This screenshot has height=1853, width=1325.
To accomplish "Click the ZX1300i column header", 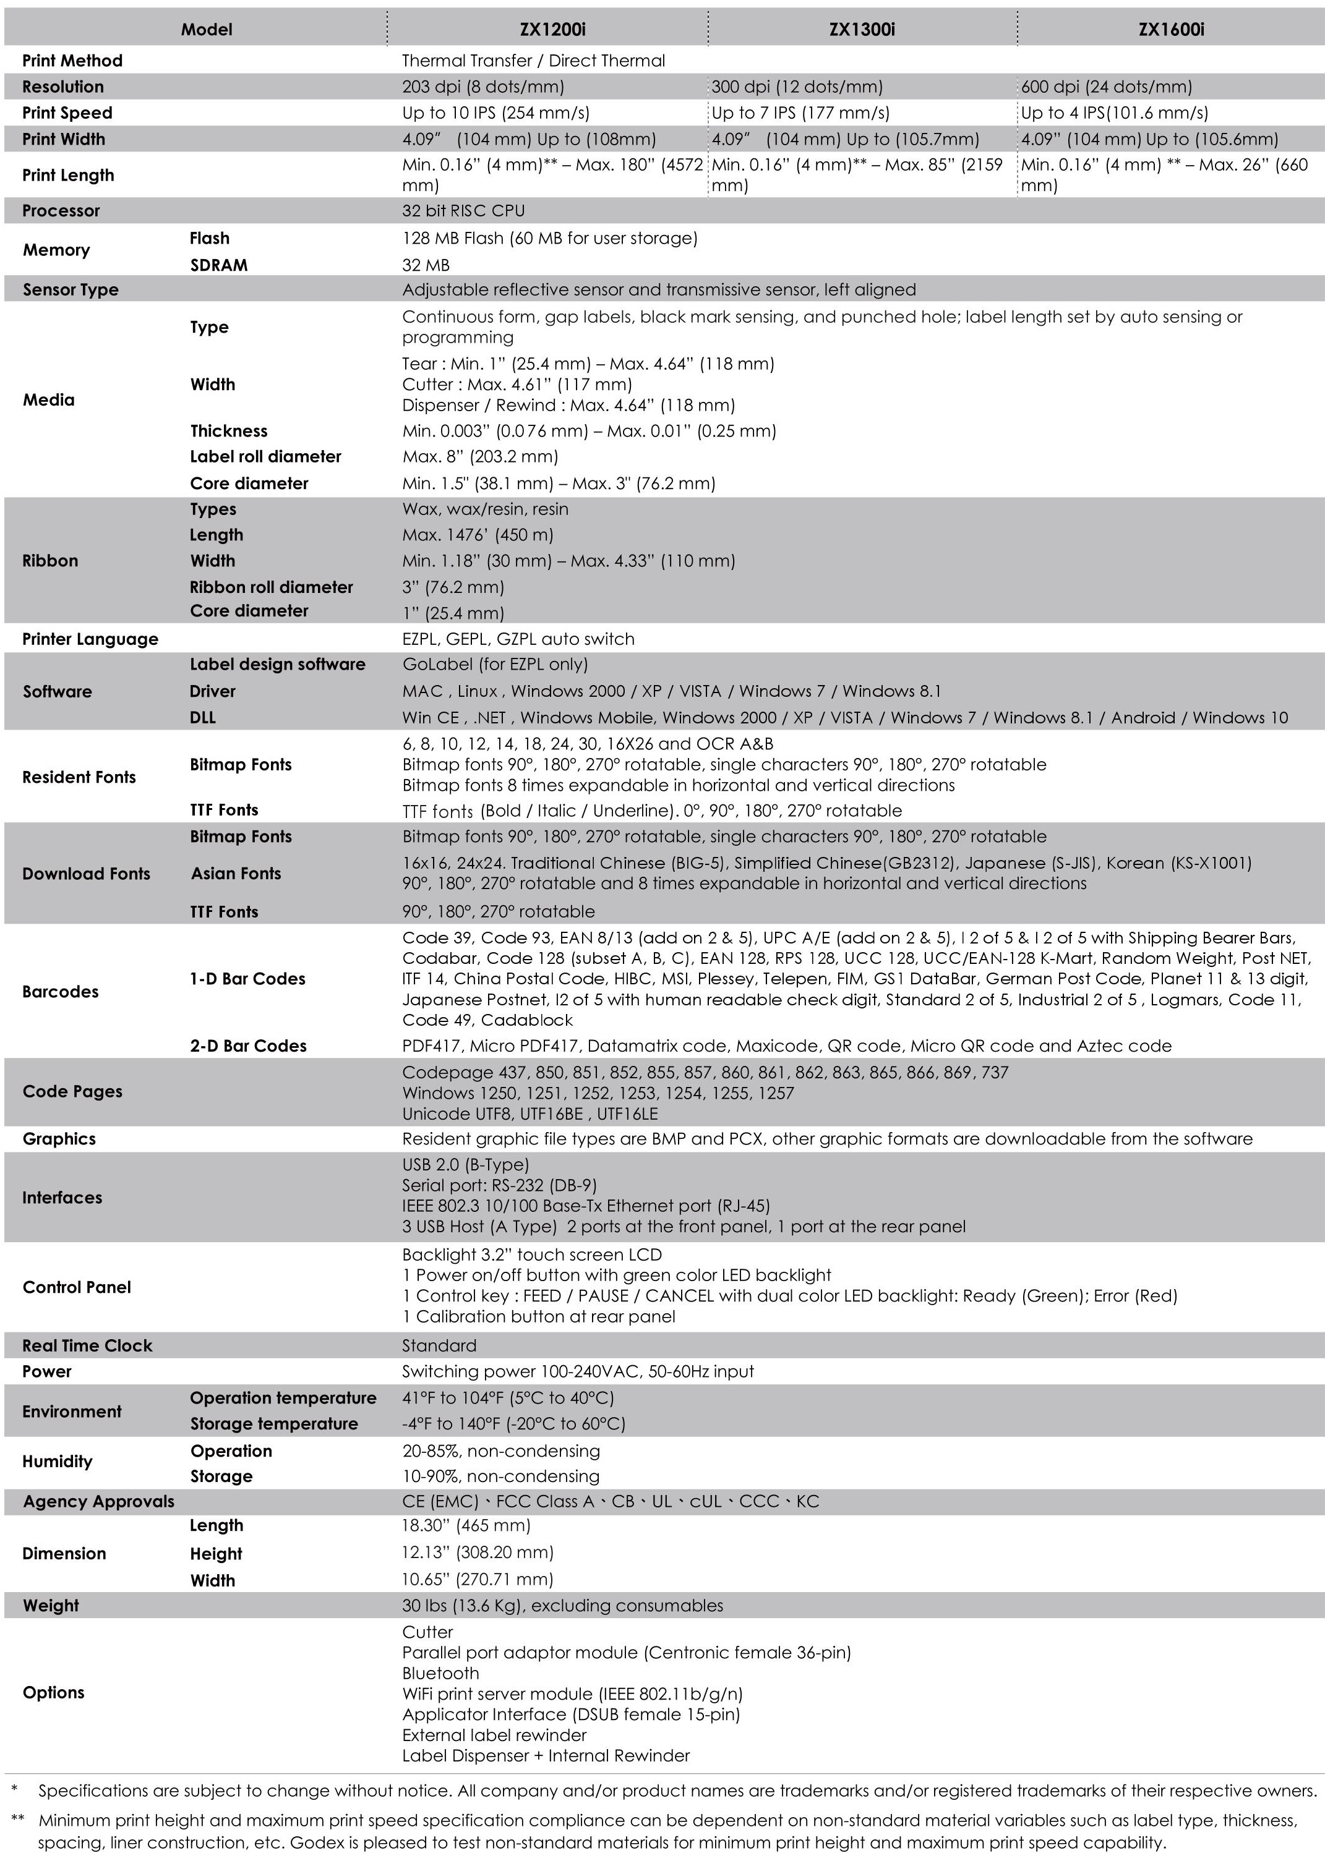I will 862,29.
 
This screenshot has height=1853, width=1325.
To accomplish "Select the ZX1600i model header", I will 1171,29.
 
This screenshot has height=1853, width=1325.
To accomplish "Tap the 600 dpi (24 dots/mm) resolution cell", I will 1107,87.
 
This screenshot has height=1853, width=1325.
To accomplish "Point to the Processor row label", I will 61,210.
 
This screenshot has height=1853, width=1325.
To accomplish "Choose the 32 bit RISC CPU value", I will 463,210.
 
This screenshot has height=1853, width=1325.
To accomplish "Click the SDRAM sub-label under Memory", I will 218,265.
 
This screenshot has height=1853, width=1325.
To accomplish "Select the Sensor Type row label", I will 70,289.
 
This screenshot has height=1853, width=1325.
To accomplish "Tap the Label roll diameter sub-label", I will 265,457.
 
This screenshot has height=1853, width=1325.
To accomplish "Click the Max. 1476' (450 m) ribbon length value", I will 478,535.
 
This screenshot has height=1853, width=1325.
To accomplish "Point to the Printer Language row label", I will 90,639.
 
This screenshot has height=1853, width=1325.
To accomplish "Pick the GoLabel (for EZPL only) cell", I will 494,664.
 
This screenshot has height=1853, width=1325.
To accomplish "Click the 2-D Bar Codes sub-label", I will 248,1046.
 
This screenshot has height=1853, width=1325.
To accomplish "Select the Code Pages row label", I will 72,1091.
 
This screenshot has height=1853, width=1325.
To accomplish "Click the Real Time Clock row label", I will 87,1346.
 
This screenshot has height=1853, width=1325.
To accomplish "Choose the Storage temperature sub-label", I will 274,1423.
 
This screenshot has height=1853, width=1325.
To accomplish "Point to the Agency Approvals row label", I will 98,1501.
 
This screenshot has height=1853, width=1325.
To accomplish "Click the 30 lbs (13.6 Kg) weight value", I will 562,1605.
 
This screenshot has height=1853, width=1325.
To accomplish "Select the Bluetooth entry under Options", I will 440,1672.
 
